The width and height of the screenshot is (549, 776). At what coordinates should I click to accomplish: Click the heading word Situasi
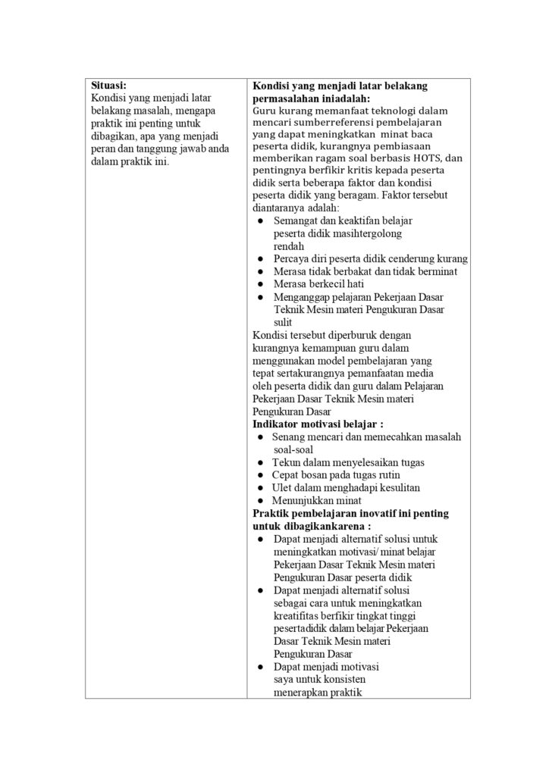click(109, 86)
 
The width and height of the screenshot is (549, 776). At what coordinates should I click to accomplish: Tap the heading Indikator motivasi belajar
click(317, 424)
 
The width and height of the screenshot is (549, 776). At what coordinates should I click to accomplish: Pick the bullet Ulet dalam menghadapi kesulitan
click(346, 487)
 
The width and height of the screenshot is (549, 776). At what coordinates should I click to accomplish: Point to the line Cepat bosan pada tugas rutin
click(340, 474)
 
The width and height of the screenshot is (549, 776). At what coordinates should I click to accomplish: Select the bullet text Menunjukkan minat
click(316, 500)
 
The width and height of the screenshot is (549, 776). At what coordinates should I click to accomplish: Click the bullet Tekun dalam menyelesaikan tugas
click(348, 462)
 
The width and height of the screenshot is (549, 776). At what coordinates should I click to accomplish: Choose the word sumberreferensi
click(318, 122)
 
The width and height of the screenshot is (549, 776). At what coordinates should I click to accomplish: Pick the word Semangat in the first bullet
click(295, 220)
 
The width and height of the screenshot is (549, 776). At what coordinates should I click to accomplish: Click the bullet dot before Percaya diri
click(260, 258)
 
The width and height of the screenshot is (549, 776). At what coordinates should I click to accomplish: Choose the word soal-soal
click(292, 449)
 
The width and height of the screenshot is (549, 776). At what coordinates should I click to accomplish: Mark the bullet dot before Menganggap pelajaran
click(260, 297)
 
